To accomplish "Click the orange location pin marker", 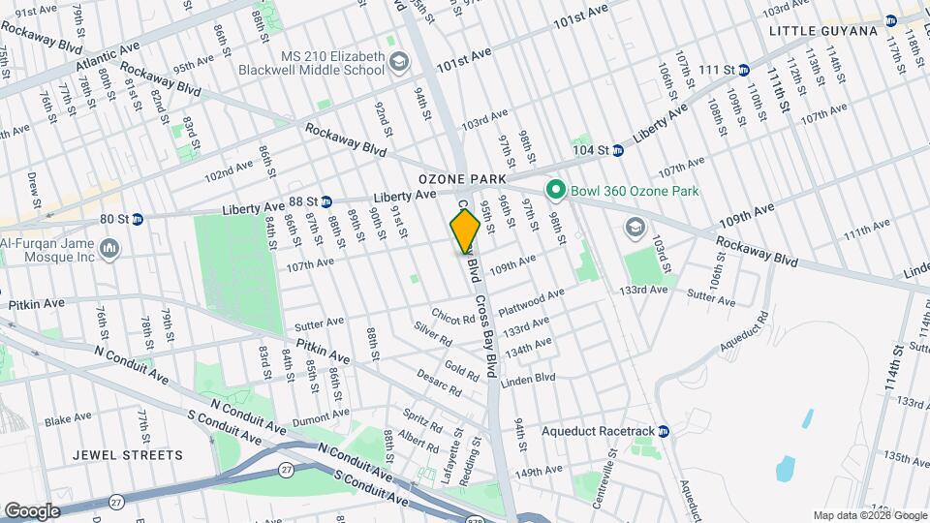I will point(465,231).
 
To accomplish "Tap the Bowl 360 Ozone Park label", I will point(635,191).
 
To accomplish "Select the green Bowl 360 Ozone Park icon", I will point(556,191).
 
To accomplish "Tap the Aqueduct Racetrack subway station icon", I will point(664,431).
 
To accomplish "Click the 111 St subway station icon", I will point(743,70).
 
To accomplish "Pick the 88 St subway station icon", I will point(326,200).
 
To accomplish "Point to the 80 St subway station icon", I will point(138,219).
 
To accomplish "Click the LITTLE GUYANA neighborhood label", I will point(823,31).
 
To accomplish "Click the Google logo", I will point(32,510).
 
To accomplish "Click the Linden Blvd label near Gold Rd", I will point(528,378).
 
